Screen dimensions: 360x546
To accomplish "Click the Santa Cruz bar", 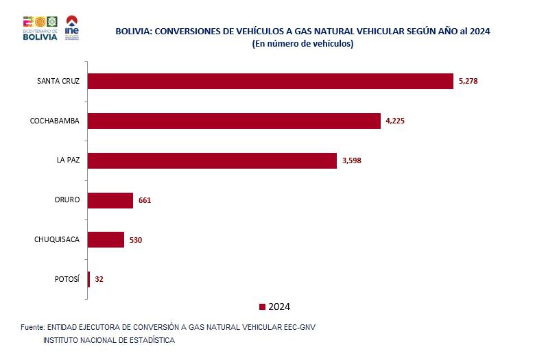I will (271, 81).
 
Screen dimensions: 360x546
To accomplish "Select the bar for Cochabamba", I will (234, 121).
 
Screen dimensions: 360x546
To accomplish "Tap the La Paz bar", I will (213, 160).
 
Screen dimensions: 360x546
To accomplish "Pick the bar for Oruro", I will (110, 200).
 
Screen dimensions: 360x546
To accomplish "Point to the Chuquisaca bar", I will (106, 239).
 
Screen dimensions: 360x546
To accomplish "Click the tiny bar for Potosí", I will (88, 279).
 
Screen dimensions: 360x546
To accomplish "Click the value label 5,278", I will (467, 82).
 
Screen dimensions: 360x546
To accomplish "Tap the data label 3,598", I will (351, 160).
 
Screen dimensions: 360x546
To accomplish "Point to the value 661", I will (144, 200).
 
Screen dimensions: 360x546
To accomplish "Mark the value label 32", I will (99, 279).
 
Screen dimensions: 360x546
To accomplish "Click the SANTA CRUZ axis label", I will (58, 81).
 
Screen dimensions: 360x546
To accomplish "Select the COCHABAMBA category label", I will (55, 121).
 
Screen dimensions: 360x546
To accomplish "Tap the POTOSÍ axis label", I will (67, 279).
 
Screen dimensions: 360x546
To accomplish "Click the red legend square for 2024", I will (262, 307).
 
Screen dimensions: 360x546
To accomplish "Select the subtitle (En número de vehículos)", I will (302, 43).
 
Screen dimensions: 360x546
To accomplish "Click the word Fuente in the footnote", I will (32, 327).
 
